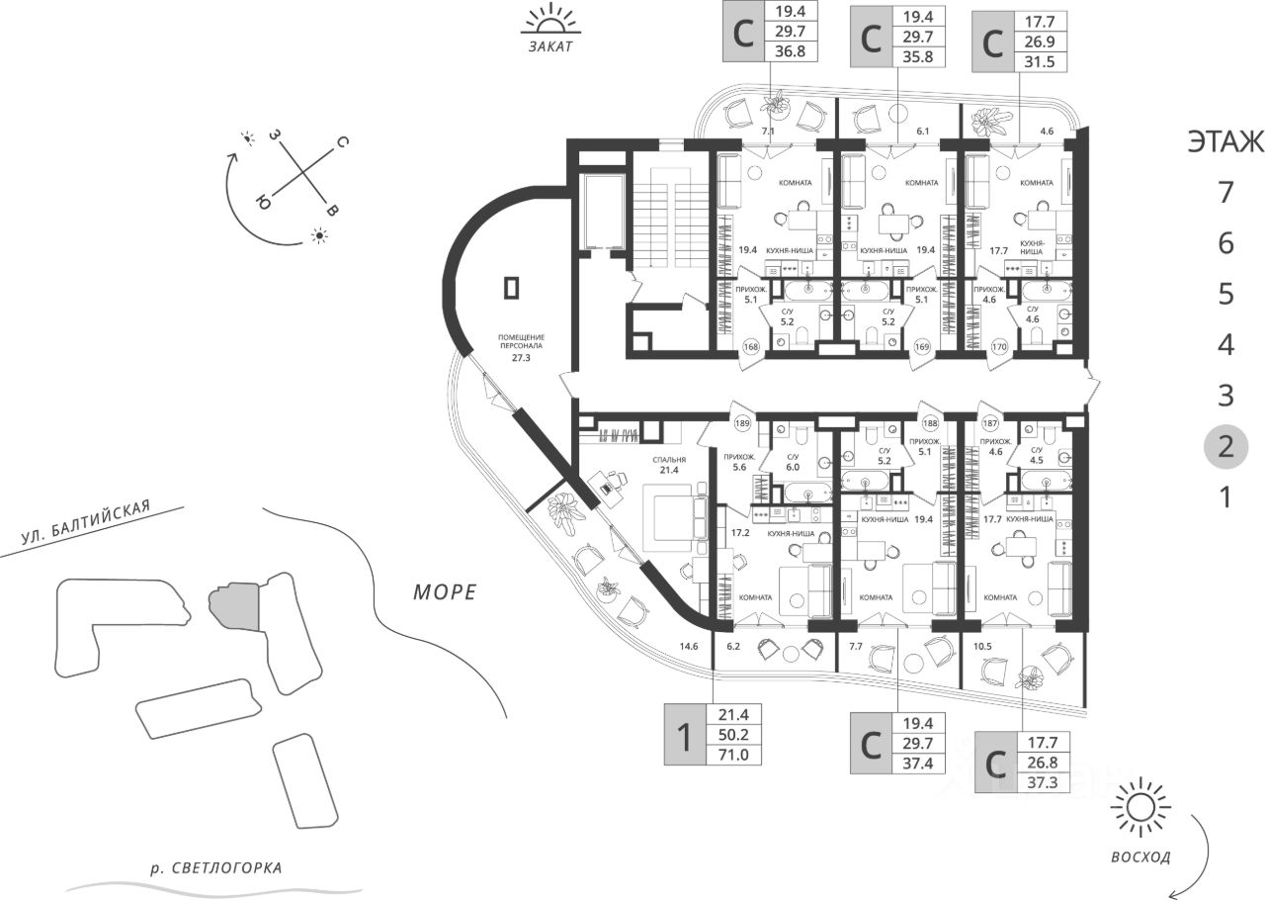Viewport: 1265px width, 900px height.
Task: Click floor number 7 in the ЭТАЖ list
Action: [x=1225, y=192]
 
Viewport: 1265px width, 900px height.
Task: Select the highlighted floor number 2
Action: [x=1225, y=446]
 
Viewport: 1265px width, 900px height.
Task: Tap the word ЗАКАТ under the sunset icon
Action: [x=550, y=46]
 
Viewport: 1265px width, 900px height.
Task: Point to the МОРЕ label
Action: [x=444, y=592]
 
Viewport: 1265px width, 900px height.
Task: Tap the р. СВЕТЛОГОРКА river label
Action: [x=215, y=868]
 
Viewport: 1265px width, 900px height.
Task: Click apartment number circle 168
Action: [x=751, y=346]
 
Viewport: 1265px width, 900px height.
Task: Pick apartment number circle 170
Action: [x=998, y=346]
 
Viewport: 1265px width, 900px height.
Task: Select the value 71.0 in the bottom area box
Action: [x=734, y=756]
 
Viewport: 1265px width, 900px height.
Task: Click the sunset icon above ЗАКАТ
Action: [x=549, y=19]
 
